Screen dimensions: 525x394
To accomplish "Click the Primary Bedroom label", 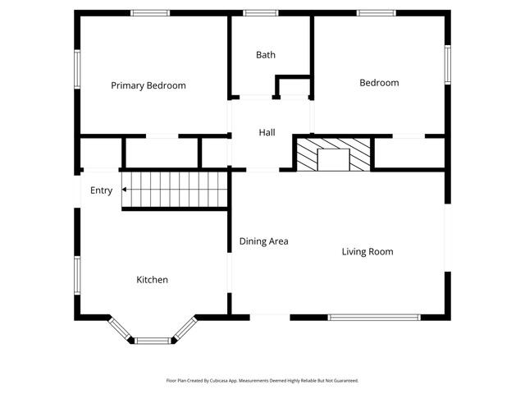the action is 148,85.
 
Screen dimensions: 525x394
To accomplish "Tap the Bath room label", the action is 266,55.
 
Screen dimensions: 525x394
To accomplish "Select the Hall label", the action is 267,133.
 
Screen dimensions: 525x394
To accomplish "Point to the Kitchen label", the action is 152,280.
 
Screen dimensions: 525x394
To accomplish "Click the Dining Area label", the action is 264,241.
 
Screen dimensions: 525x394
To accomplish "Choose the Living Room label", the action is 367,252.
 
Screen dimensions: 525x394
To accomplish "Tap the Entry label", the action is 101,190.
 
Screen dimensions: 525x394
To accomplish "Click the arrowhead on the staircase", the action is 124,190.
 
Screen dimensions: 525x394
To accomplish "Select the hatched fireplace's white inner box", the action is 334,160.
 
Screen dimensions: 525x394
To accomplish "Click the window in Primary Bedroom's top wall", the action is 150,13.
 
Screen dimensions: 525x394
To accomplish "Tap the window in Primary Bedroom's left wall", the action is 77,69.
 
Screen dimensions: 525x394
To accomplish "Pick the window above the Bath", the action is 261,13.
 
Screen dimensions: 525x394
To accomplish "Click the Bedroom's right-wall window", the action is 448,65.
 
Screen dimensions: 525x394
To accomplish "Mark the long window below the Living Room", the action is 374,318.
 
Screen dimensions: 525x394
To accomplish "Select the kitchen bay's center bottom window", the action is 153,341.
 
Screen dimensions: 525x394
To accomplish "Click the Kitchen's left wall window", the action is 77,276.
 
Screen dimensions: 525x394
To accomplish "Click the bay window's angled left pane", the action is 120,329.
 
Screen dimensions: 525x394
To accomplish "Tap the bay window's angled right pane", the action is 185,328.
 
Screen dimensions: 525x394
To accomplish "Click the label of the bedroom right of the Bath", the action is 379,83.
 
